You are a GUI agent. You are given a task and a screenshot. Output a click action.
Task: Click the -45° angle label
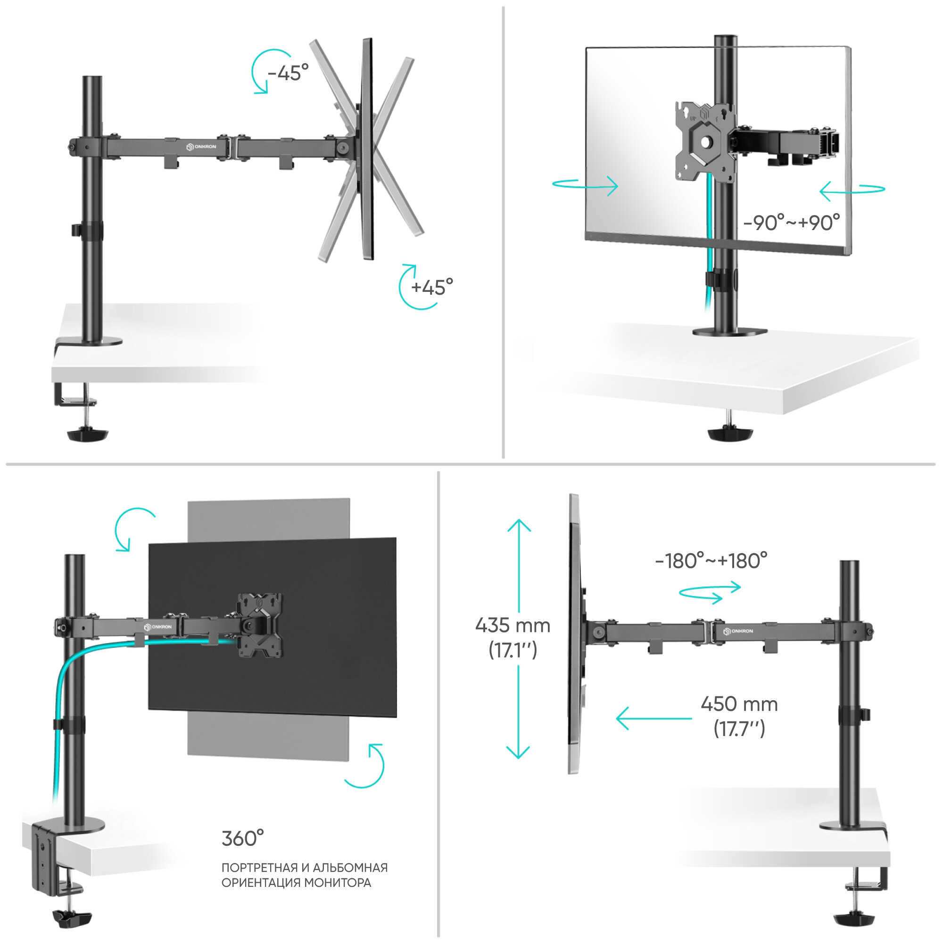289,73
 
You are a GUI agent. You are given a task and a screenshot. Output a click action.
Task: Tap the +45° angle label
432,288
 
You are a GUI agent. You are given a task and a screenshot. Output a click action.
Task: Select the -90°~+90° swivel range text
791,223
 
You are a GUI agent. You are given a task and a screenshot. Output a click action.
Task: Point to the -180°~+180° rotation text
711,561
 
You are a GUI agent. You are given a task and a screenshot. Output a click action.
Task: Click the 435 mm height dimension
513,625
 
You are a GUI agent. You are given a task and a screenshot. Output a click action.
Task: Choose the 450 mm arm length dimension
739,704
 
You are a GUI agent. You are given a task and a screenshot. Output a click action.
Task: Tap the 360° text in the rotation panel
242,838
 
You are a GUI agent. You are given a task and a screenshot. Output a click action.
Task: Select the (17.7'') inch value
739,729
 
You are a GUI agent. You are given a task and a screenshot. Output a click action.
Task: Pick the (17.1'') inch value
513,650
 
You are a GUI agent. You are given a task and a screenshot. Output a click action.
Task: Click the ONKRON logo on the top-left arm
201,147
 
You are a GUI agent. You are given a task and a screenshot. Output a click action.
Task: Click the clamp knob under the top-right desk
730,433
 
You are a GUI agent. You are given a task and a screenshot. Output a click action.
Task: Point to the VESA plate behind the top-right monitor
705,141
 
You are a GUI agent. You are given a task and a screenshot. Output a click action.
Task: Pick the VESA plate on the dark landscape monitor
260,625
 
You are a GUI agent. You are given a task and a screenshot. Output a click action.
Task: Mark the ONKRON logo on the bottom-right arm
738,631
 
